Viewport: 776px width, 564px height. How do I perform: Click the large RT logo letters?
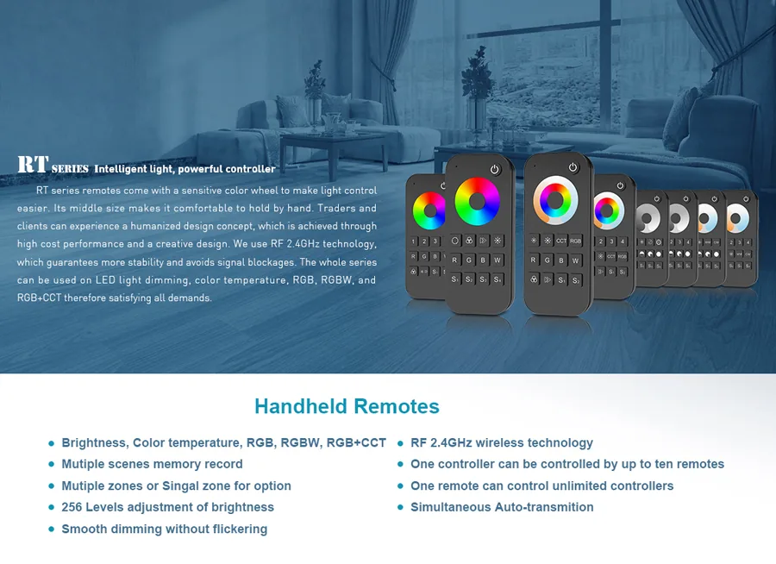(33, 165)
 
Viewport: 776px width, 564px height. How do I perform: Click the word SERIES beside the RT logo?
(70, 169)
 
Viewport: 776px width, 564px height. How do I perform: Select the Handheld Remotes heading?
(347, 406)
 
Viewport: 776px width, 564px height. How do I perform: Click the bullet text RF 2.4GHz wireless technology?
(501, 442)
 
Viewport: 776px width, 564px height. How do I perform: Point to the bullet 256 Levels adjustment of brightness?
(167, 507)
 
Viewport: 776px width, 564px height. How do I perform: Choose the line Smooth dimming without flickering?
(164, 529)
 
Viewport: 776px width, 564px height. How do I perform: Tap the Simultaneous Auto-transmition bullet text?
(502, 507)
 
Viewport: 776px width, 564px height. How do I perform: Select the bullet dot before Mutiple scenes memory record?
(51, 465)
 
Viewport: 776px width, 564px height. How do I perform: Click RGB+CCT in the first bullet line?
(356, 442)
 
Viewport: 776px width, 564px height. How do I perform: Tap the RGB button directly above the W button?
(575, 241)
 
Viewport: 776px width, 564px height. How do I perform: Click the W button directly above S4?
(498, 260)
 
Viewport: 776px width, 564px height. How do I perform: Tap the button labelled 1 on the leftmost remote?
(414, 241)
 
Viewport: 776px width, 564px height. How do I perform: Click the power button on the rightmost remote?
(746, 199)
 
